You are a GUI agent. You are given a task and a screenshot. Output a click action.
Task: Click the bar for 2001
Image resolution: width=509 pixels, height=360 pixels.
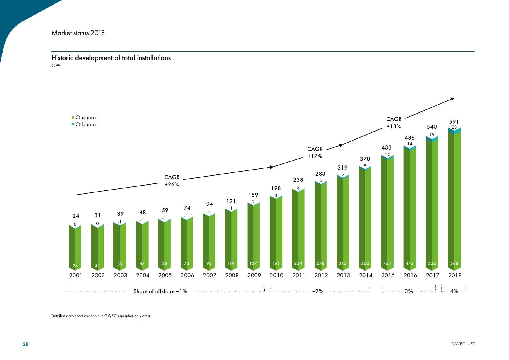tap(75, 247)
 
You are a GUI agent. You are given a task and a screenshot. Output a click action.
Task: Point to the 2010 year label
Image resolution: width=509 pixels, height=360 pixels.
tap(276, 275)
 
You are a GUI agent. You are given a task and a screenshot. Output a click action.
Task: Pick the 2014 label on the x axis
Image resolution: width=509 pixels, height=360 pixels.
tap(365, 275)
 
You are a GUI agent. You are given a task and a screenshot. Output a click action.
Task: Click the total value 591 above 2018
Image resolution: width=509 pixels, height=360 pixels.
tap(454, 122)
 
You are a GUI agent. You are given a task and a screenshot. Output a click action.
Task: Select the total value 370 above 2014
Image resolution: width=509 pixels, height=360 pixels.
tap(365, 159)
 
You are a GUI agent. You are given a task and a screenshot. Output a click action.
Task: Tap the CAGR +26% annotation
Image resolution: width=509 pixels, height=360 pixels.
tap(172, 181)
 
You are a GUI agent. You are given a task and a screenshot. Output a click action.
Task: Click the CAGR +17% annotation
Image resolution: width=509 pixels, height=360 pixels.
tap(315, 152)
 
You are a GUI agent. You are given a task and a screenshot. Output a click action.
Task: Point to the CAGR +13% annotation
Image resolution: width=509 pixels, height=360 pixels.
tap(394, 123)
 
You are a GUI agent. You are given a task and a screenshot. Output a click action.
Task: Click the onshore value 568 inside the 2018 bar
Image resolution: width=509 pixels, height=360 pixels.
tap(454, 263)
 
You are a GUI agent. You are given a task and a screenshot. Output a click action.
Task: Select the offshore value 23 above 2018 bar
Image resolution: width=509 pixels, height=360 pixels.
tap(454, 127)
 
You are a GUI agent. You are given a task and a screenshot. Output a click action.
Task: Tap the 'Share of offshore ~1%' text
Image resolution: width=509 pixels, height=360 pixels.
tap(160, 291)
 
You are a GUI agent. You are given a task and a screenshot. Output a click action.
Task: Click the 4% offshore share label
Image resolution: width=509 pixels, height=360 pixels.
tap(454, 291)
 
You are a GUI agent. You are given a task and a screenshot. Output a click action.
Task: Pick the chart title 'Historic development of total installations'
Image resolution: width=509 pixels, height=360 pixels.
tap(111, 58)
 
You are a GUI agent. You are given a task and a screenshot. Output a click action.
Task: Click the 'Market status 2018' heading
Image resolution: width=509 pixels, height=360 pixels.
tap(78, 33)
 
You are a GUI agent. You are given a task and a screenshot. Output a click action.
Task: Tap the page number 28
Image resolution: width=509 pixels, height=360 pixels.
tap(26, 344)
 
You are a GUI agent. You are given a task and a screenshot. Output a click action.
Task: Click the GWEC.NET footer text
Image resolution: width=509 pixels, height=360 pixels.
tap(463, 344)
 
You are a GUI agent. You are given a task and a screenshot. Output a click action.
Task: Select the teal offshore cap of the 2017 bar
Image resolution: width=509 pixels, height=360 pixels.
tap(432, 139)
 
